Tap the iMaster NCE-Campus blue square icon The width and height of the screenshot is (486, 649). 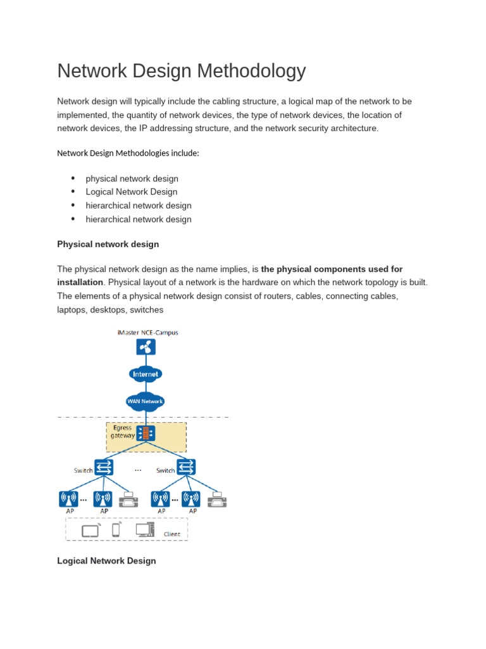click(x=146, y=347)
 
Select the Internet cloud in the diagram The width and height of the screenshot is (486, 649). click(x=146, y=374)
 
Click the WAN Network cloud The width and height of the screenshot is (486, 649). click(x=146, y=401)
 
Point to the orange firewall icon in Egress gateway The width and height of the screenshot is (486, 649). click(x=146, y=434)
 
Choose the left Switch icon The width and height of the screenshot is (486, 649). click(x=104, y=468)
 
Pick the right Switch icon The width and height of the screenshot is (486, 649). click(x=186, y=468)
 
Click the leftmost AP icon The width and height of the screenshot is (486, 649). click(x=68, y=499)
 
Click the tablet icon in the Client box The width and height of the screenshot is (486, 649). click(x=90, y=530)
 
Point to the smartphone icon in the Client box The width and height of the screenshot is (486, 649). click(x=116, y=530)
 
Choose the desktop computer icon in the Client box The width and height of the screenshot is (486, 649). click(x=144, y=529)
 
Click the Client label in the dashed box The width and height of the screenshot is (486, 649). click(x=172, y=534)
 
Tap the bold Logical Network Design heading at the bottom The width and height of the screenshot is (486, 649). click(x=106, y=561)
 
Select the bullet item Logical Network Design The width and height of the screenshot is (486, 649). click(x=132, y=192)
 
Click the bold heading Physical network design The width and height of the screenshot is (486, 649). click(x=108, y=244)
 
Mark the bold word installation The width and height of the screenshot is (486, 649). click(x=80, y=282)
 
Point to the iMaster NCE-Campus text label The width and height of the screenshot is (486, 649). click(x=148, y=332)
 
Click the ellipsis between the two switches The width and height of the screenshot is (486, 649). click(x=138, y=470)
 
